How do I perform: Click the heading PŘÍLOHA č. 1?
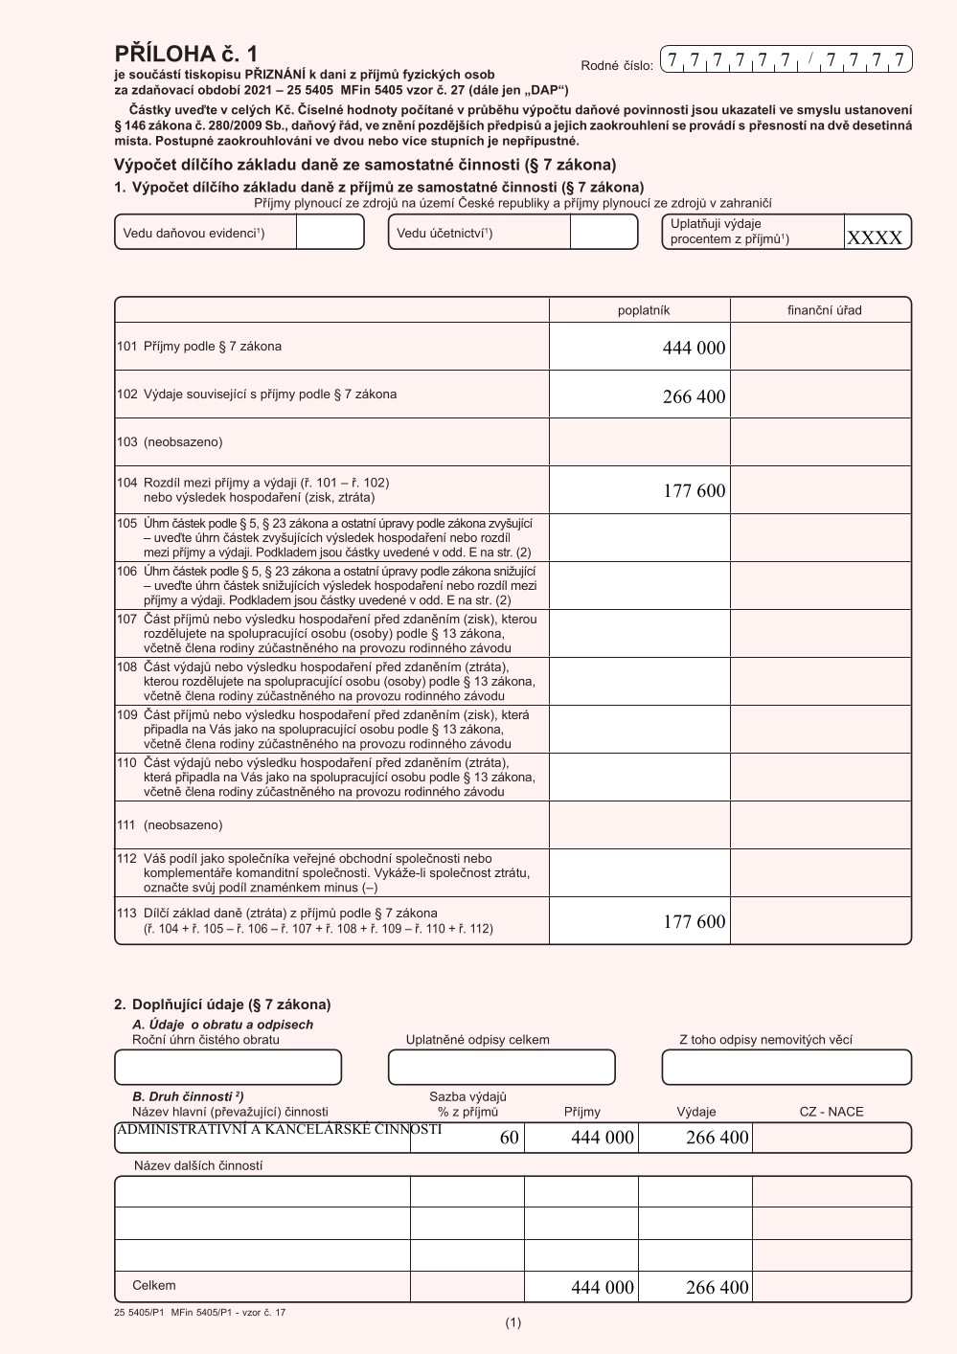click(x=186, y=54)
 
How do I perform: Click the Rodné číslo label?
click(x=616, y=66)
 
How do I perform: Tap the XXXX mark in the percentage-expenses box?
click(x=874, y=238)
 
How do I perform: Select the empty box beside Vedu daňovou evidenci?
click(x=329, y=233)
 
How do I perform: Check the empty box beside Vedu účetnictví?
click(x=603, y=233)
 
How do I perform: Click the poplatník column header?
click(x=643, y=310)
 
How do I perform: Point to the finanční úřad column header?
click(x=824, y=310)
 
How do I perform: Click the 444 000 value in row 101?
click(x=694, y=349)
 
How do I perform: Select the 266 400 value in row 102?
click(x=694, y=397)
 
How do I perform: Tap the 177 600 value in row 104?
click(x=694, y=491)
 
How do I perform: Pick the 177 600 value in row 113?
click(x=694, y=922)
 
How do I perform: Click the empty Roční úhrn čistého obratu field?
click(x=228, y=1068)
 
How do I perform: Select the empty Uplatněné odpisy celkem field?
click(x=501, y=1068)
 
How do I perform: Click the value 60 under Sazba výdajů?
click(x=509, y=1138)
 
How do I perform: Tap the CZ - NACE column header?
click(x=831, y=1112)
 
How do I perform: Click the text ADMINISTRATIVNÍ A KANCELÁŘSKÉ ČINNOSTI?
click(x=279, y=1130)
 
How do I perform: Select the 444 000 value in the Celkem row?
click(x=602, y=1288)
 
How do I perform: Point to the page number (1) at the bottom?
click(x=513, y=1323)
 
